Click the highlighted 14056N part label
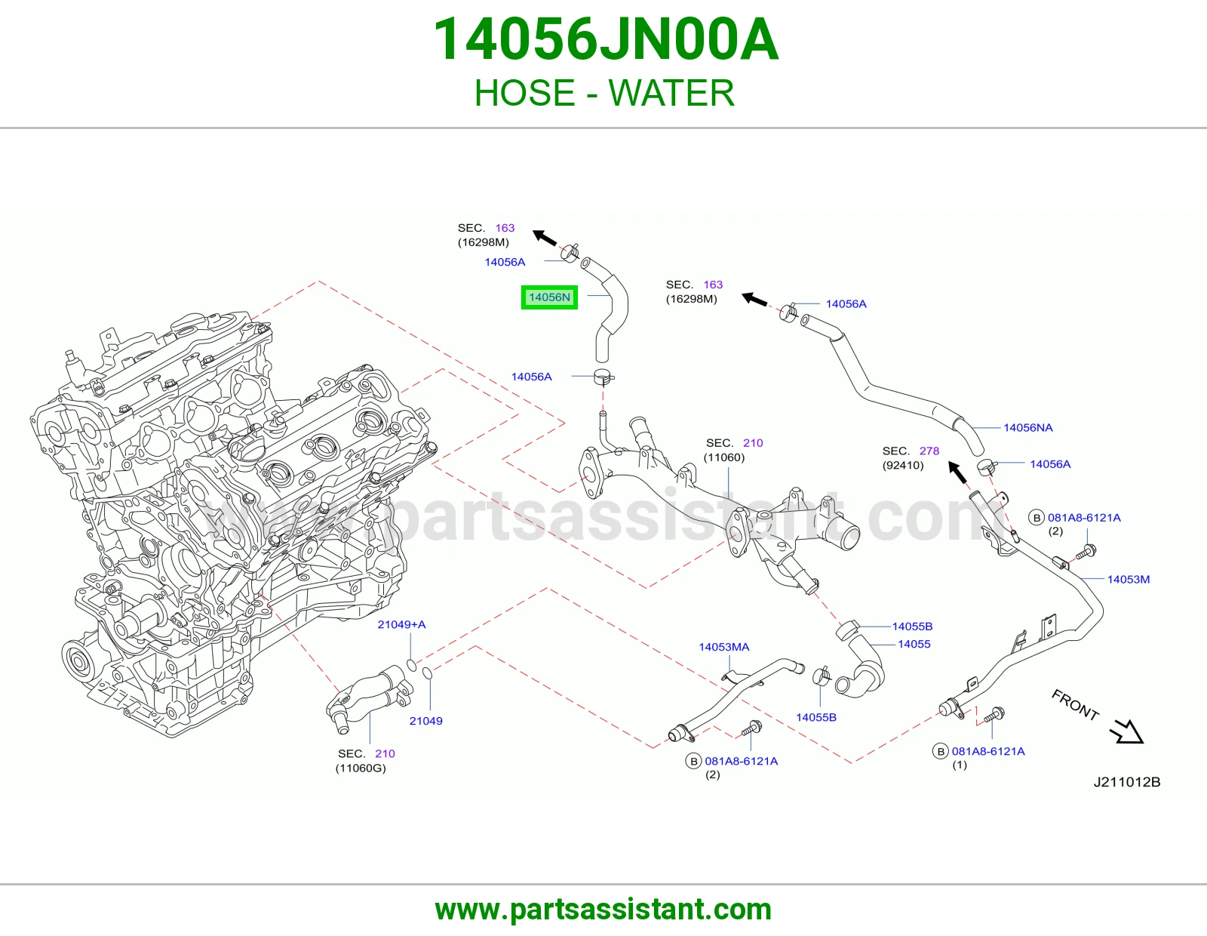[549, 297]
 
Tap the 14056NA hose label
[1027, 427]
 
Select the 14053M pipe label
[1128, 579]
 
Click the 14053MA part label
[723, 647]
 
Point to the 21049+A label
[401, 624]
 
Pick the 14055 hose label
[914, 644]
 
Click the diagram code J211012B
[1127, 782]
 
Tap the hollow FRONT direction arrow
[1127, 731]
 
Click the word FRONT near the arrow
[1075, 705]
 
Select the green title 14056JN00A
[606, 39]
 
